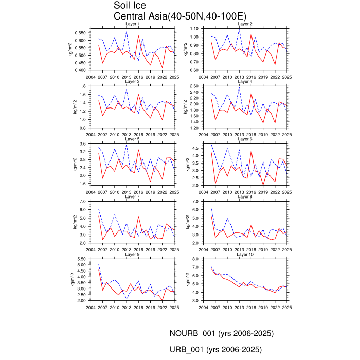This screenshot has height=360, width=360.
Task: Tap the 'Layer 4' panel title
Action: (x=245, y=82)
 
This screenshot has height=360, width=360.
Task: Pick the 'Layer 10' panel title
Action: (x=245, y=254)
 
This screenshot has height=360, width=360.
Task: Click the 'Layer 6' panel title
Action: (x=245, y=139)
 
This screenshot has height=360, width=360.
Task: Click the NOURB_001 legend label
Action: (x=222, y=334)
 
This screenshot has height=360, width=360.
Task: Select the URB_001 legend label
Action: (x=215, y=350)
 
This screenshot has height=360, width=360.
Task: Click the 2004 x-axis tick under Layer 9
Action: (x=91, y=307)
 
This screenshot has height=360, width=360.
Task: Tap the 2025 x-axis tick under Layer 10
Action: (x=286, y=307)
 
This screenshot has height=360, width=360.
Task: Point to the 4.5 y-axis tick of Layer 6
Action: (x=197, y=148)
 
